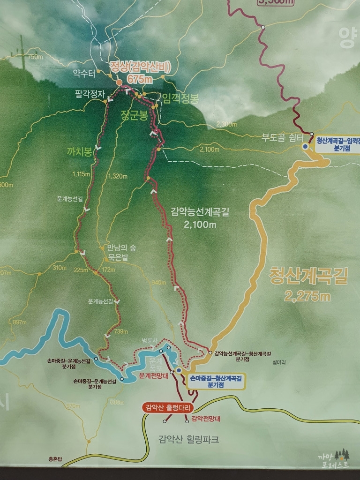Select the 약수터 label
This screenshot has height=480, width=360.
point(84,73)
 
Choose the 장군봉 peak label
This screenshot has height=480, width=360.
point(135,115)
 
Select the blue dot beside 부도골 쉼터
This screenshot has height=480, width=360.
point(305,147)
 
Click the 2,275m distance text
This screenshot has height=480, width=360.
point(307,296)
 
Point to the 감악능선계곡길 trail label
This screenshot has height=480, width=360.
point(200,212)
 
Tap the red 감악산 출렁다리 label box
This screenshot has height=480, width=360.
point(168,407)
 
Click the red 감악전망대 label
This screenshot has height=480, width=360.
point(206,419)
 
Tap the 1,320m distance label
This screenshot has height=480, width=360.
point(118,176)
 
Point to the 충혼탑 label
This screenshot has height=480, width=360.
point(54,459)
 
